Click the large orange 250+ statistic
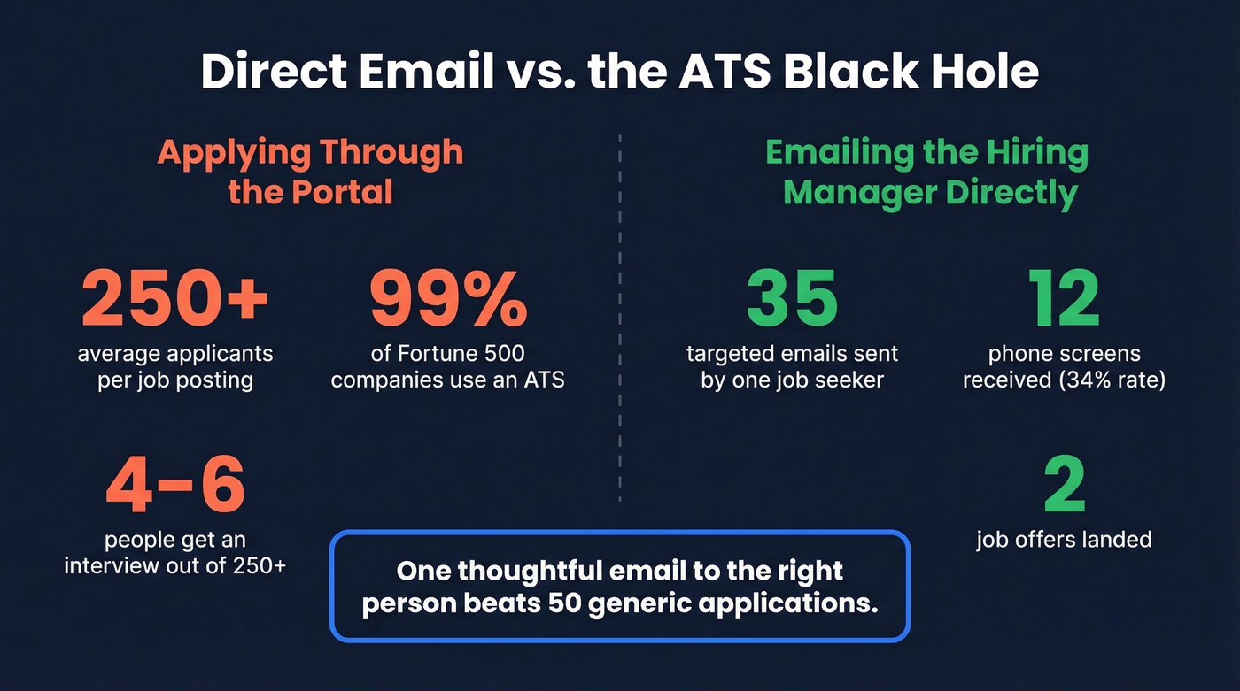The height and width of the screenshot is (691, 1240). pos(174,297)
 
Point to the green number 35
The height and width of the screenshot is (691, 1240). pos(791,297)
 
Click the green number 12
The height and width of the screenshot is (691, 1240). pos(1063,297)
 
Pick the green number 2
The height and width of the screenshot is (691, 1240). pos(1064,486)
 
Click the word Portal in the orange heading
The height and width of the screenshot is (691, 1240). pos(341,192)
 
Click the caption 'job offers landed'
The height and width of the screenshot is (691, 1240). pos(1064,539)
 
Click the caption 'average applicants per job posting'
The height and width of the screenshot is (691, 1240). pos(174,367)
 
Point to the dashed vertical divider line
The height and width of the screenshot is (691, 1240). pos(619,319)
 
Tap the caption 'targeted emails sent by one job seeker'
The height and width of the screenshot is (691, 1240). pos(792,367)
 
